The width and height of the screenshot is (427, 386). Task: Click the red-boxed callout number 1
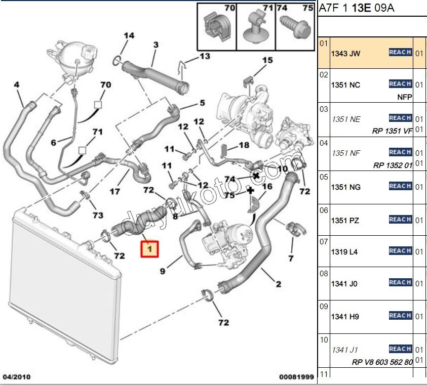[149, 248]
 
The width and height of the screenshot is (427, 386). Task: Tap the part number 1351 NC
[345, 85]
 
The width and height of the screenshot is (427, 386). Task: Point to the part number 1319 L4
[344, 251]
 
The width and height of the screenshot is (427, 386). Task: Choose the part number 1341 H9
[344, 316]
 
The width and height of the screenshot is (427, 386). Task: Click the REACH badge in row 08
[400, 282]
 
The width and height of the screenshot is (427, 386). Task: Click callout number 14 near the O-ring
[129, 35]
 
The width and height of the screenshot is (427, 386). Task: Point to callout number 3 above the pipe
[156, 45]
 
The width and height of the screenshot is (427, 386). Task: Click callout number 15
[267, 60]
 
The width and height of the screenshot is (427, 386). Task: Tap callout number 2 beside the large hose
[278, 284]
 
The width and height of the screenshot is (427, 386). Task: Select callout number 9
[163, 271]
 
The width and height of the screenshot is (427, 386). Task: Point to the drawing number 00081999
[296, 376]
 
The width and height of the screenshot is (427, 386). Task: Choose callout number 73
[97, 215]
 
